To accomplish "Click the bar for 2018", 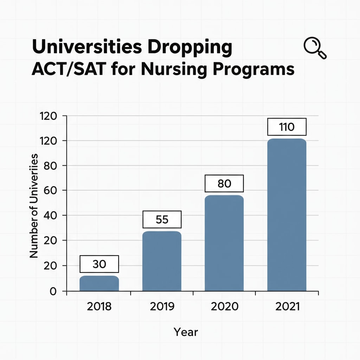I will pos(99,283).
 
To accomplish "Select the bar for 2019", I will pos(162,261).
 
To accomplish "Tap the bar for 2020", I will pos(224,243).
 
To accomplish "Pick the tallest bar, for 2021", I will pos(287,215).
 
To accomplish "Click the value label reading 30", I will pos(99,264).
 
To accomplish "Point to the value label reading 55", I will pos(162,219).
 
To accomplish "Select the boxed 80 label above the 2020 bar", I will pos(224,184).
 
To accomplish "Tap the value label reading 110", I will pos(287,127).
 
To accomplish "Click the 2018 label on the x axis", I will pos(99,306).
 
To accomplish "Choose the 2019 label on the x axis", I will pos(162,306).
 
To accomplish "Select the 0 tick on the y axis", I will pos(53,291).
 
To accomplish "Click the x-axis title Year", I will pos(186,332).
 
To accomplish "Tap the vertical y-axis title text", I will pos(34,205).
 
